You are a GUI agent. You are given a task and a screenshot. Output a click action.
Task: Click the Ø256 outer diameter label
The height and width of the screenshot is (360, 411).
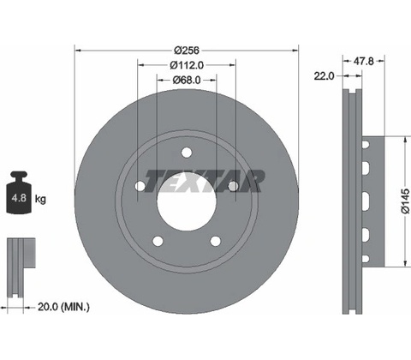[187, 51]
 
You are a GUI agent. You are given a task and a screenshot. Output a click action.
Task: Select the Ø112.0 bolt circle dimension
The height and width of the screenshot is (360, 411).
[187, 65]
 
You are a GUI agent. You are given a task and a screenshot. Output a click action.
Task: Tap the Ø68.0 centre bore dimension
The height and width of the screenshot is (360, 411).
[187, 81]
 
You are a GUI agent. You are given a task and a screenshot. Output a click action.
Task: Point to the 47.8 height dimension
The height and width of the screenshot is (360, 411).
[363, 61]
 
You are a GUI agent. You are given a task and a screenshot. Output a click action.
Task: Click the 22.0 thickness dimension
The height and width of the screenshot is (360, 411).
[324, 76]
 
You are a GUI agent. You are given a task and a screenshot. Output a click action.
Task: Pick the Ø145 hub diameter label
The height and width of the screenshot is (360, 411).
[405, 201]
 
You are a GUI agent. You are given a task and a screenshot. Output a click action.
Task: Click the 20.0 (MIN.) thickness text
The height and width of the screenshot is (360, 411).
[63, 308]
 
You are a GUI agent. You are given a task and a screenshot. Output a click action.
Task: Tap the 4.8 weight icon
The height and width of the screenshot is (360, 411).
[19, 192]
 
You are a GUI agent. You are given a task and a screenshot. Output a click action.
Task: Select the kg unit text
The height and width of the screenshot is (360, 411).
[40, 198]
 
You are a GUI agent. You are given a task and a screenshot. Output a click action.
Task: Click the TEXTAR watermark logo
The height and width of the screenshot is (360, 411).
[205, 181]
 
